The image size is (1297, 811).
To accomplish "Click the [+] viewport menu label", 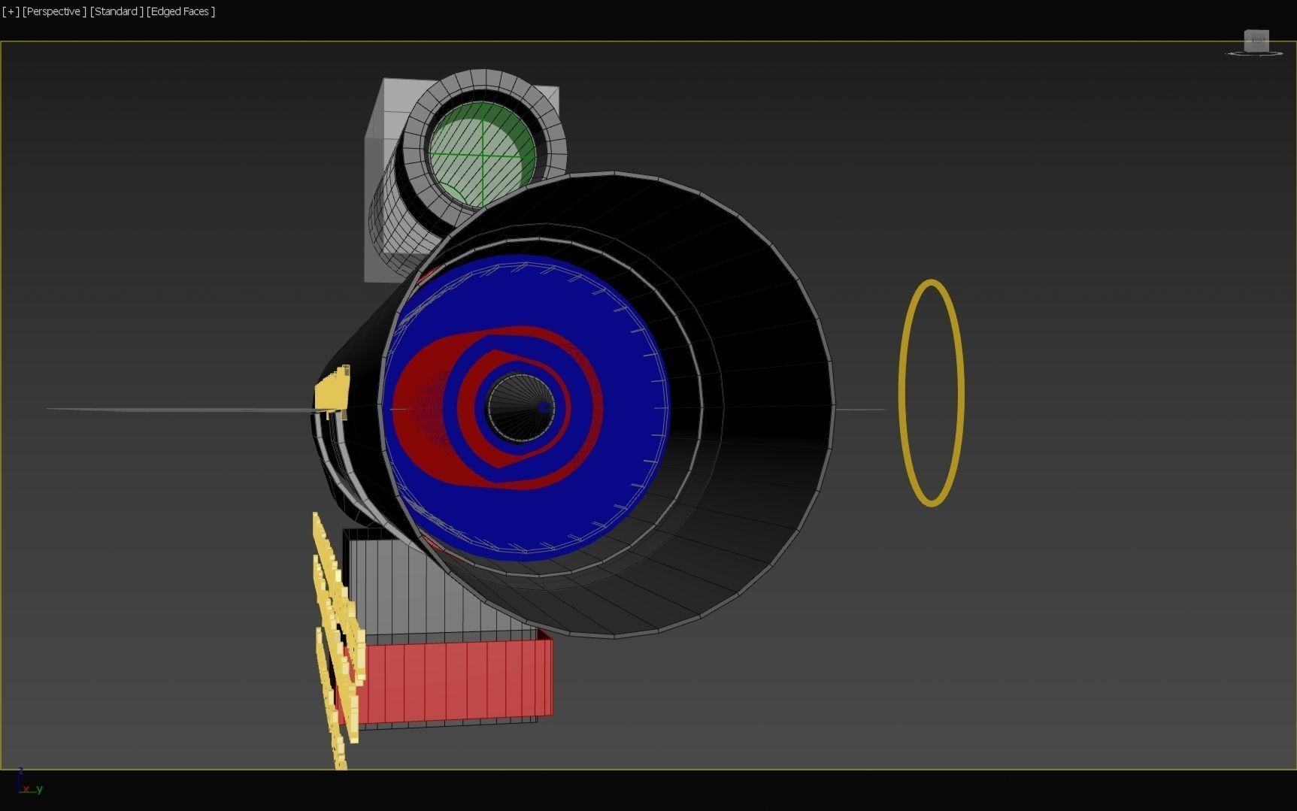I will tap(11, 11).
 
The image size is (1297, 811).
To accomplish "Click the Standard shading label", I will tap(117, 11).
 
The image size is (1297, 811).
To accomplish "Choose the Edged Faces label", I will tap(180, 11).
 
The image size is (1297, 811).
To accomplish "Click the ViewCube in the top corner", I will tap(1256, 41).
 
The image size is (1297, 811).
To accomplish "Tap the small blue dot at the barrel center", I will tap(544, 407).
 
